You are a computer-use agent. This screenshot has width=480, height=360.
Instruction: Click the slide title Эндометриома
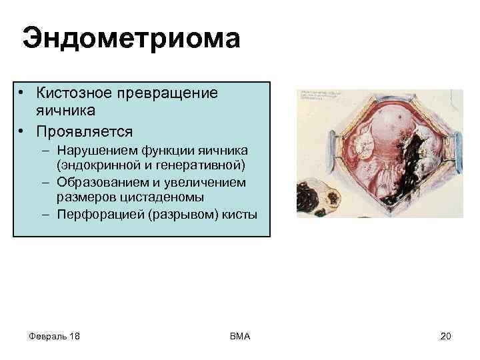coord(131,39)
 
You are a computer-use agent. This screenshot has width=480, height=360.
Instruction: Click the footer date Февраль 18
coord(55,336)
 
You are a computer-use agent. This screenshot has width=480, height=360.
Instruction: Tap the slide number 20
coord(445,336)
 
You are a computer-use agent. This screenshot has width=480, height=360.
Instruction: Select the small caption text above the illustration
coord(323,94)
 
